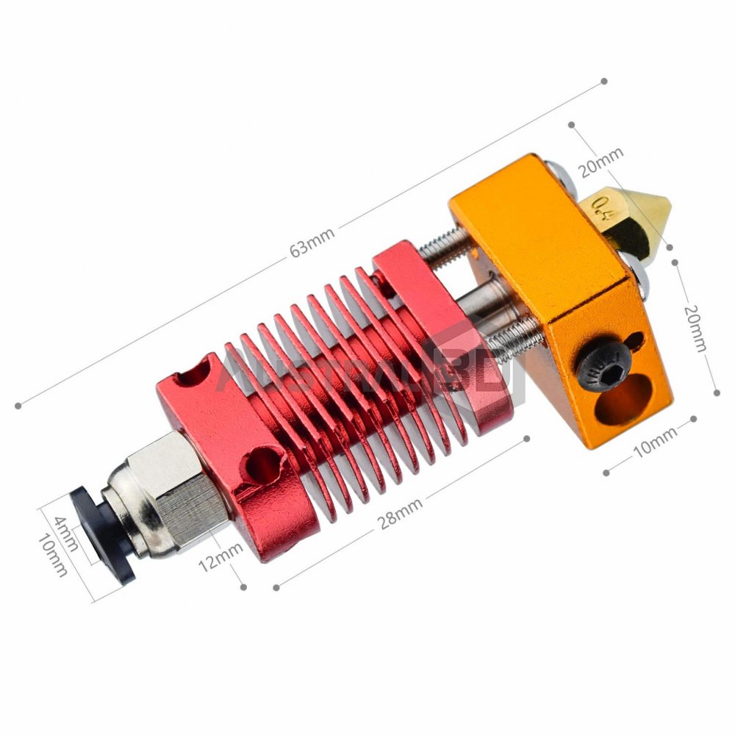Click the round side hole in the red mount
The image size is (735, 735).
[262, 464]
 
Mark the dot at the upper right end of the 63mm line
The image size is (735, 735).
[604, 81]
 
